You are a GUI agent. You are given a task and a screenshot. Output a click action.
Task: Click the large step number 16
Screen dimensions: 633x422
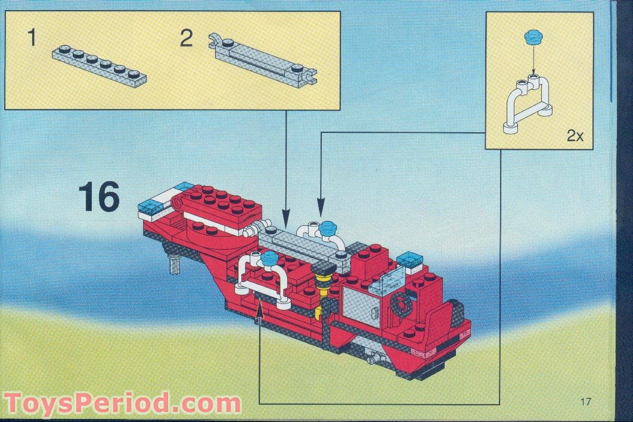click(100, 197)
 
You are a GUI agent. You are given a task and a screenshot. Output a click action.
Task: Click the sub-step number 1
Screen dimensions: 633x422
click(32, 38)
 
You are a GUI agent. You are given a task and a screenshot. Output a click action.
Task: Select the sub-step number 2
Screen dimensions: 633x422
click(186, 39)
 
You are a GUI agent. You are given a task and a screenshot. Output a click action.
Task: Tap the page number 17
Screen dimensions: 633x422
click(586, 401)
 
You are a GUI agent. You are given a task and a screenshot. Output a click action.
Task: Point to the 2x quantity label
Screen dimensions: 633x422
click(575, 136)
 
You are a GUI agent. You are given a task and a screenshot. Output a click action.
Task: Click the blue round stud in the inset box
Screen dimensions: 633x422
click(533, 37)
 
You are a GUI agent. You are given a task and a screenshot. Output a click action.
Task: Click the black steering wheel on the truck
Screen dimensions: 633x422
click(401, 303)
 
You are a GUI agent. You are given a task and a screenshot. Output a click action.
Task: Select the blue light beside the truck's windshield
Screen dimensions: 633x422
click(409, 259)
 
